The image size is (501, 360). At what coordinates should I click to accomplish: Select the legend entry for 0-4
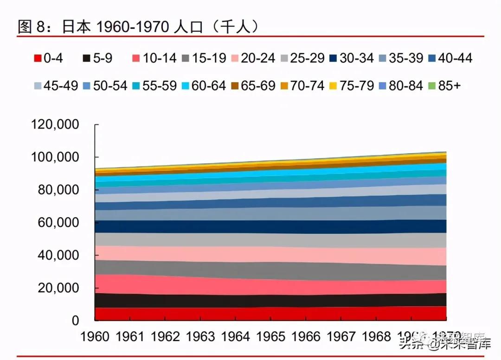pos(49,58)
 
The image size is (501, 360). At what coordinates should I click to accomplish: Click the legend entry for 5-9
pos(97,58)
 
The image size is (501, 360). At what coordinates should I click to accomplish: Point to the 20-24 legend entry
pos(253,58)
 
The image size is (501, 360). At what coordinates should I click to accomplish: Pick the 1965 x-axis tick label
pos(270,337)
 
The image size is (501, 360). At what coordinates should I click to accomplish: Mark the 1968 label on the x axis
pos(376,337)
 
